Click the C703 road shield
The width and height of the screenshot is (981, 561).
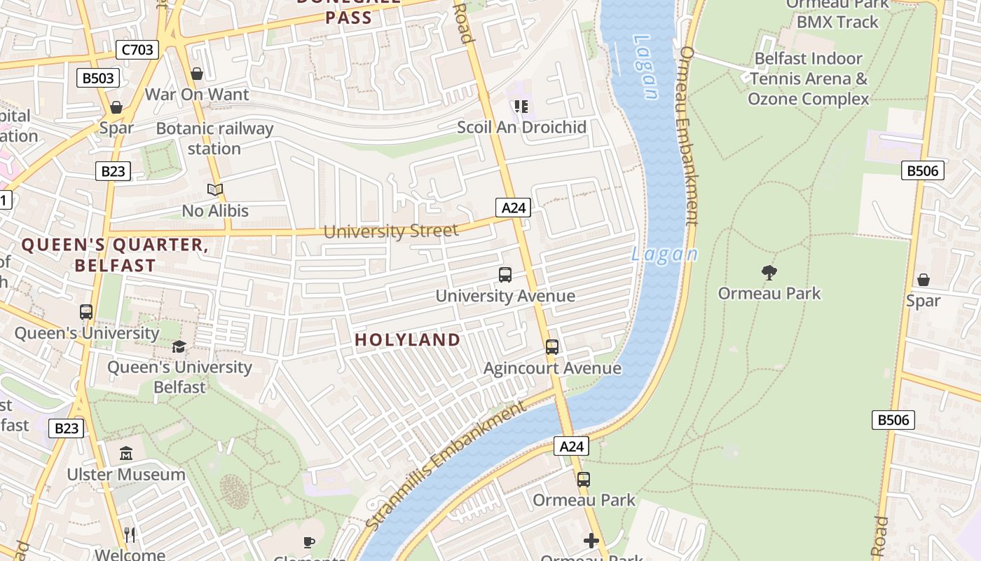coord(137,50)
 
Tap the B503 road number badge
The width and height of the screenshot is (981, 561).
coord(97,78)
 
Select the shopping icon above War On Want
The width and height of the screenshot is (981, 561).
coord(197,74)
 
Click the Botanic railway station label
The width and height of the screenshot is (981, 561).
coord(214,139)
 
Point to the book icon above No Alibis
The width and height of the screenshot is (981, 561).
coord(215,190)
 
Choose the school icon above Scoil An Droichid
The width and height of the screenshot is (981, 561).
coord(521,107)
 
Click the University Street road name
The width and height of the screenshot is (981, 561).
coord(390,231)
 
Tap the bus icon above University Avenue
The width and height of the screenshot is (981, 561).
coord(505,275)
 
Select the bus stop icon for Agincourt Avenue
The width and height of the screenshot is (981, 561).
coord(552,347)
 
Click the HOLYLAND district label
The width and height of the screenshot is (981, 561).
coord(408,340)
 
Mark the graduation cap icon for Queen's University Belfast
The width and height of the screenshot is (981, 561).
coord(179,347)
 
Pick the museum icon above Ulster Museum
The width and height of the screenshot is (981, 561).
coord(126,454)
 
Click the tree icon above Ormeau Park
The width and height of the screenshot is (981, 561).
coord(769,273)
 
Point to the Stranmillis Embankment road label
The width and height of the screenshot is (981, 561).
coord(446,465)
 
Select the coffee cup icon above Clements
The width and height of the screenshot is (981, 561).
coord(309,542)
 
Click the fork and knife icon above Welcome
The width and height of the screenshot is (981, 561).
coord(130,535)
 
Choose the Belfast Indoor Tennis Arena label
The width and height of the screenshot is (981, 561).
coord(809,79)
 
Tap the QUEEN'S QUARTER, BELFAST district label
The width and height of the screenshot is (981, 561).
coord(115,255)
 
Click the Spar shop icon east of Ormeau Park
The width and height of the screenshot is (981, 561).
coord(924,280)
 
